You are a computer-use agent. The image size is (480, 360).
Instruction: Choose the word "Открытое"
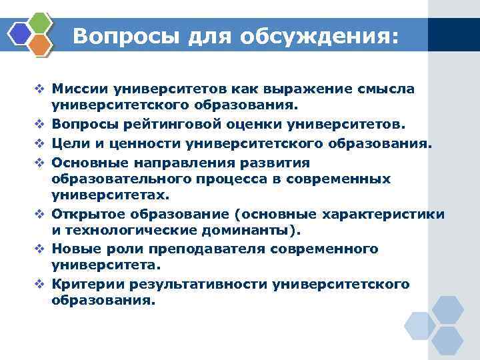[x=88, y=215]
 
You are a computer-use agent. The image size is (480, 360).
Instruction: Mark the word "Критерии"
[x=89, y=284]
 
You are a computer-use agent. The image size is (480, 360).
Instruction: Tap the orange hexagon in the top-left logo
[x=40, y=44]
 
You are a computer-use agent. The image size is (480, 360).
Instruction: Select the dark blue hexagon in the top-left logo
[x=20, y=33]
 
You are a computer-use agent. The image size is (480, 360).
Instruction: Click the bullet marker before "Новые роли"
[x=39, y=249]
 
